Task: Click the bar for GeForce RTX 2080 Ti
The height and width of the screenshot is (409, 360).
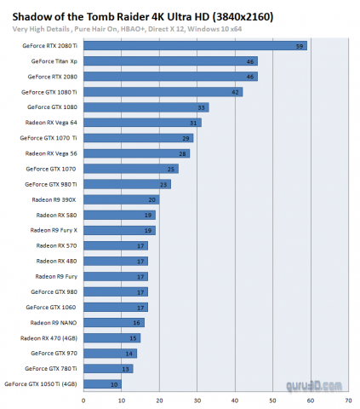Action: tap(196, 46)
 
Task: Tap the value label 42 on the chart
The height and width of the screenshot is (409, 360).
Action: tap(235, 92)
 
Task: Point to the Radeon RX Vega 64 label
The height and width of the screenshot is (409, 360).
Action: tap(54, 123)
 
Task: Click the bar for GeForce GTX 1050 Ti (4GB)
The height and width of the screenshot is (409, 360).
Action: tap(103, 383)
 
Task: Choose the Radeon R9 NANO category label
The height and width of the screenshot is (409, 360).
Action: tap(56, 322)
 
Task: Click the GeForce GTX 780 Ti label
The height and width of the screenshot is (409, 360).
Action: tap(54, 368)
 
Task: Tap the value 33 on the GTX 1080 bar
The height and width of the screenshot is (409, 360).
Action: tap(202, 107)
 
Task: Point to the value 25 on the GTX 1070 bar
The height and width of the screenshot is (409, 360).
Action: tap(171, 169)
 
